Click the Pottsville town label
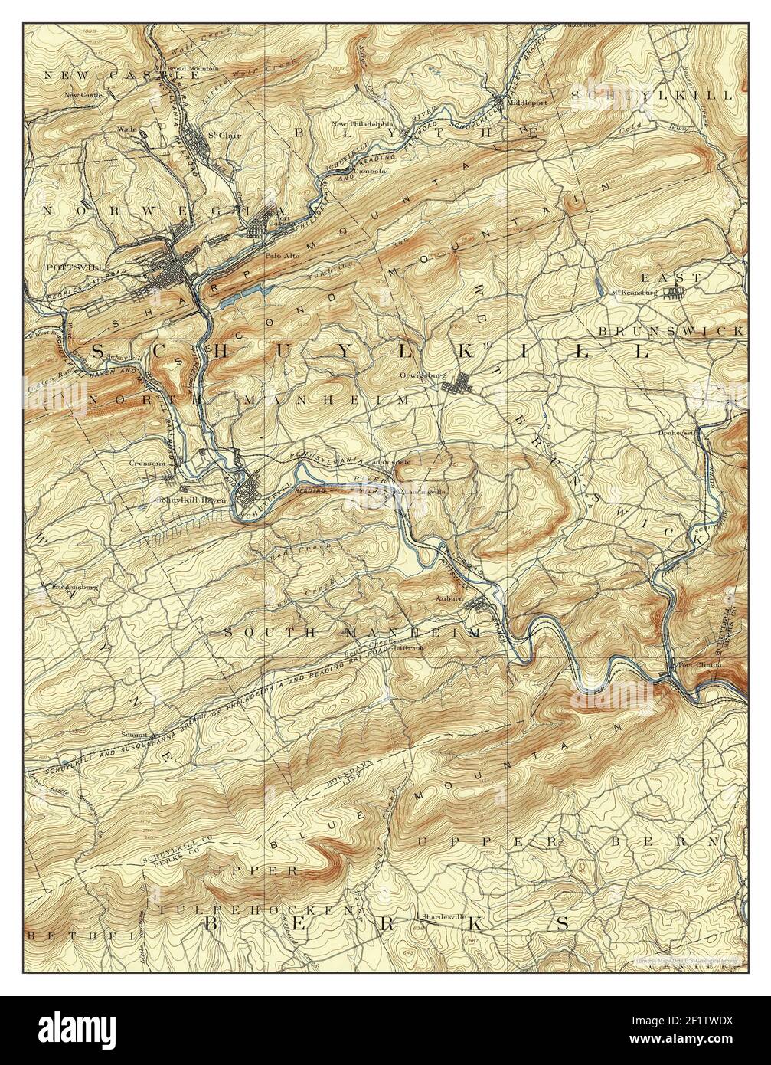(x=68, y=267)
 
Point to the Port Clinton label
(x=698, y=664)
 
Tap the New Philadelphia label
(x=362, y=123)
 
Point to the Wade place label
(x=126, y=129)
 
